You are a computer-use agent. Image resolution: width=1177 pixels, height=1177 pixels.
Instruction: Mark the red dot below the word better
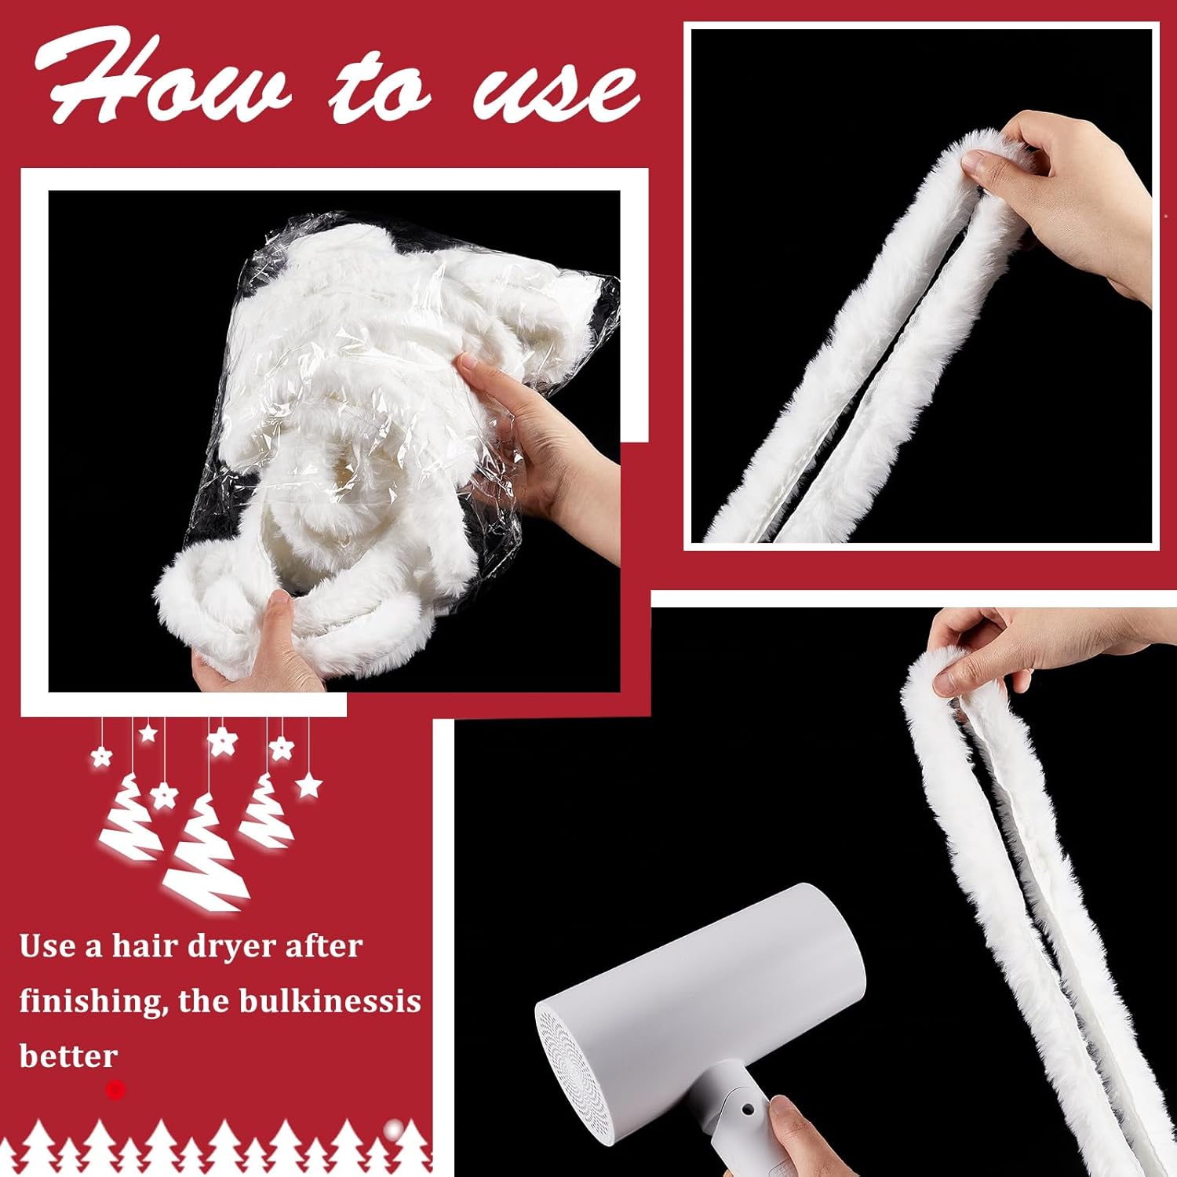tap(115, 1089)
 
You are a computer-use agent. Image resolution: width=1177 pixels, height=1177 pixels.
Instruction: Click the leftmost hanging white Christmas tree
tap(131, 816)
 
